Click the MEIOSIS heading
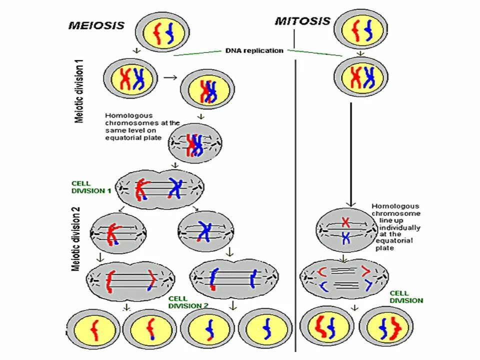tap(95, 25)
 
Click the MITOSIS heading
tap(302, 21)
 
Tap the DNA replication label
tap(254, 50)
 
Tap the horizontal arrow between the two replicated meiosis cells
tap(170, 77)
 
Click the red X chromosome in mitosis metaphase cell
tap(345, 221)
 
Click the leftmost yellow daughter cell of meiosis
tap(93, 331)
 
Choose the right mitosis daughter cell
tap(386, 328)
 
